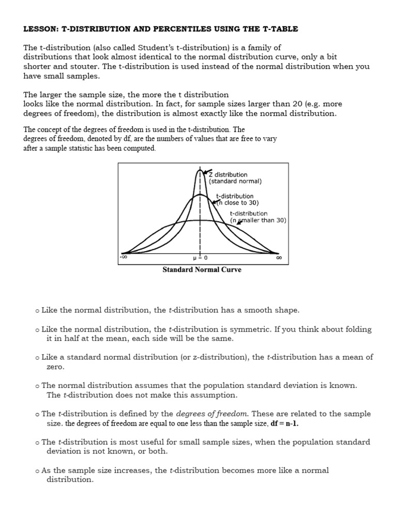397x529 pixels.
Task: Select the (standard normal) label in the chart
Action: click(235, 181)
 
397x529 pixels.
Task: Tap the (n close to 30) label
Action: click(238, 203)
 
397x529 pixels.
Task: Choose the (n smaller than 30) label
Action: click(258, 220)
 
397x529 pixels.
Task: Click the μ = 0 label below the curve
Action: click(200, 257)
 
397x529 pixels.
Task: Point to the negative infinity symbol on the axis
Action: click(124, 257)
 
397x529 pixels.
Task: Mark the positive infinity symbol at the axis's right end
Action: click(279, 257)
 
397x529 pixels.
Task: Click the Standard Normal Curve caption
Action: click(202, 270)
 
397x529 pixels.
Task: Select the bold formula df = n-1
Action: click(284, 424)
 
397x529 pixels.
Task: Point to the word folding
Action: click(358, 329)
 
